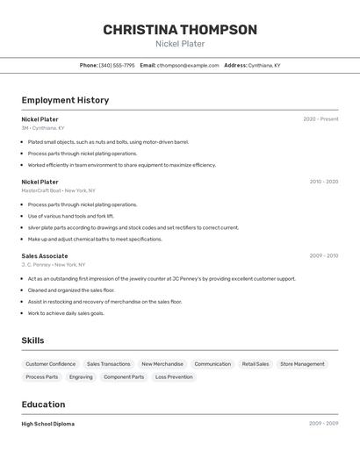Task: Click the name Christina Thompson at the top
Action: [180, 30]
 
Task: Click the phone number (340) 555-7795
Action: [117, 65]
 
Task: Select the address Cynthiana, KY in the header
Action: [264, 65]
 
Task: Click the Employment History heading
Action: [65, 100]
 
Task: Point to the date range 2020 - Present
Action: [320, 119]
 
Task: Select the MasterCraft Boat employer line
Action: [59, 190]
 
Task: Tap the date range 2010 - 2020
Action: [323, 182]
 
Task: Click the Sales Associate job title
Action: [45, 256]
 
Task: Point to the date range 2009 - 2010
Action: [323, 256]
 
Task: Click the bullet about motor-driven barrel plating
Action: [108, 141]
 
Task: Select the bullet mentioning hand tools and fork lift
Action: [71, 216]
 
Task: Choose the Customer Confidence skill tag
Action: [50, 364]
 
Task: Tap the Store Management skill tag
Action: [302, 364]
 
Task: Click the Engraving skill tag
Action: [81, 377]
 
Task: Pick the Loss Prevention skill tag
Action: [174, 377]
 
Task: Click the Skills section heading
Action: [32, 340]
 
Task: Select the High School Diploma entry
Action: [48, 424]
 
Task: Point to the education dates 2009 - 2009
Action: [323, 424]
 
